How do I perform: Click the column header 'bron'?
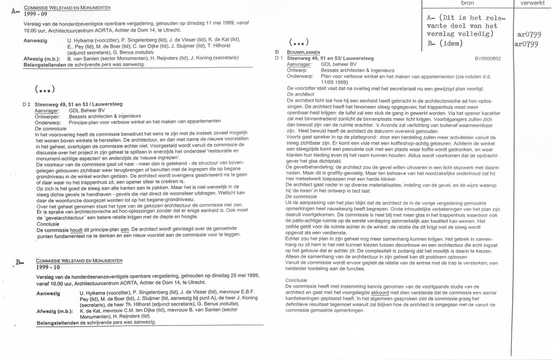tap(468, 3)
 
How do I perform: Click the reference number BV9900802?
tap(488, 58)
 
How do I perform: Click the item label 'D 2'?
tap(26, 104)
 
